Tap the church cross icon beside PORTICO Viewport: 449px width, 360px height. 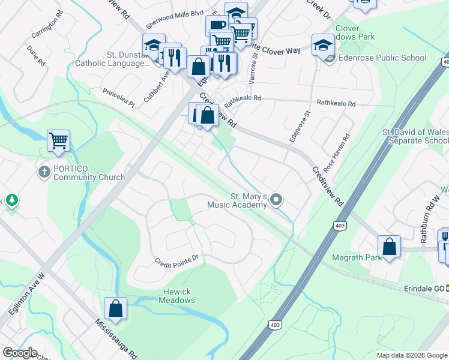44,173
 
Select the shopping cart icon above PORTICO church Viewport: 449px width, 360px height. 58,141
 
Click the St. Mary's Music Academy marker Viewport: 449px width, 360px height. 276,199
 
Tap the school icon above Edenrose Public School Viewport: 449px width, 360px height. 323,44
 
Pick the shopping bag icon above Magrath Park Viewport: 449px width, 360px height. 389,246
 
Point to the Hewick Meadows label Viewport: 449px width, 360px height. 177,296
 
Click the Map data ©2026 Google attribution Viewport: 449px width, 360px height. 412,355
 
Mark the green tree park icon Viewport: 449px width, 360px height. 11,200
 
